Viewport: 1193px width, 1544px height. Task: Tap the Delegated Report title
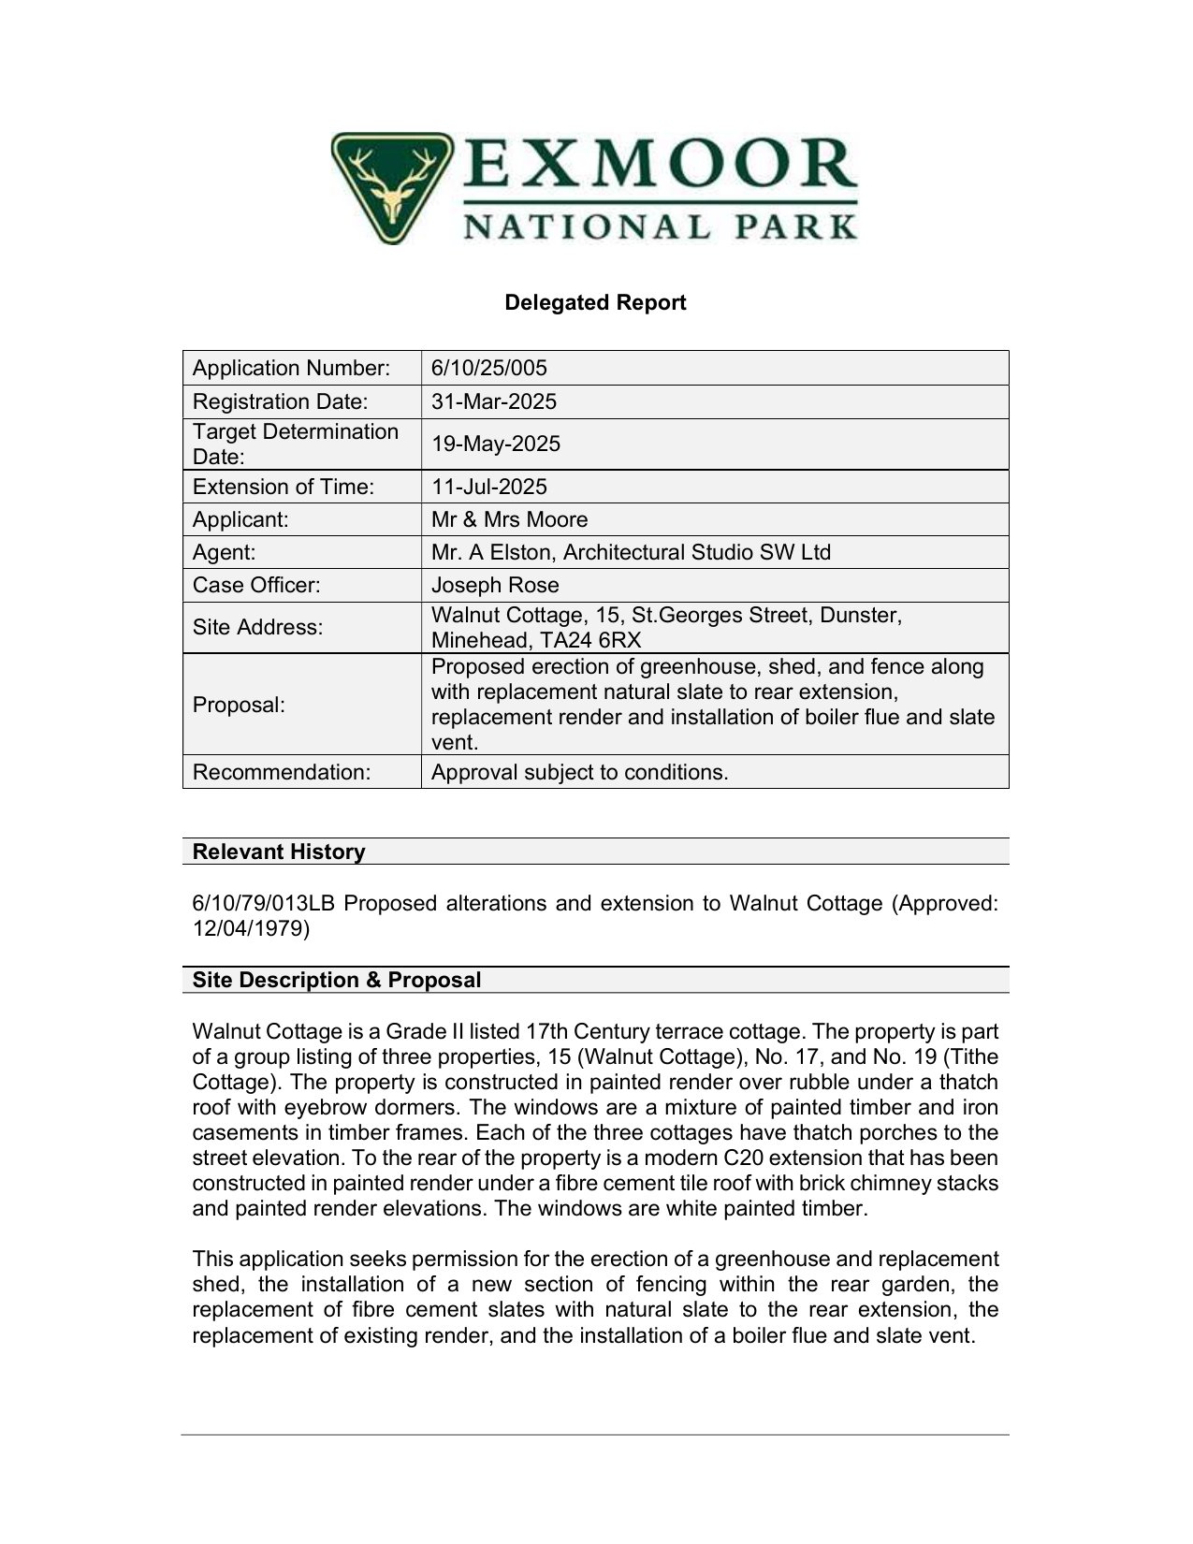(x=595, y=302)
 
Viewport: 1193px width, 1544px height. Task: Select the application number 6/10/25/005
(x=488, y=368)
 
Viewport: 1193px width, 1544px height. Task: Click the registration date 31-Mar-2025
(x=493, y=401)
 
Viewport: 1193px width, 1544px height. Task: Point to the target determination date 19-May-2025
(x=495, y=444)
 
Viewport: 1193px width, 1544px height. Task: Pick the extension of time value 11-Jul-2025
(x=488, y=487)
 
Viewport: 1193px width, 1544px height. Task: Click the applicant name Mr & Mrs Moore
(x=509, y=519)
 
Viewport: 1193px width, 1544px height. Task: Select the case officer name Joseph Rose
(x=495, y=585)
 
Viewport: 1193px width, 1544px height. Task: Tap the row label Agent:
(x=224, y=552)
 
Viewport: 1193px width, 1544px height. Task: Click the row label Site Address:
(x=257, y=627)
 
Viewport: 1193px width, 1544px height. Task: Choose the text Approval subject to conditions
(x=579, y=772)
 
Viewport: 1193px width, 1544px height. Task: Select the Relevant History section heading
(x=279, y=852)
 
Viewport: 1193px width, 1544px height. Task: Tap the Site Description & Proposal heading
(x=336, y=980)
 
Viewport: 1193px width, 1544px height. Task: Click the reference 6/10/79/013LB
(x=263, y=903)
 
